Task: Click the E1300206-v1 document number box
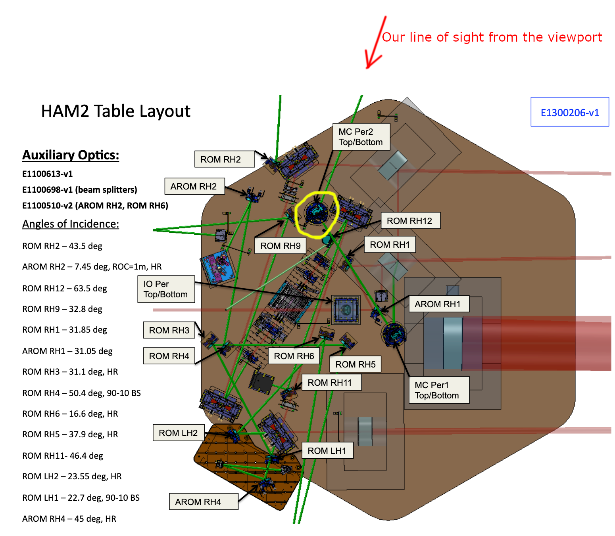pos(569,112)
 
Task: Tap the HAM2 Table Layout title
pos(115,111)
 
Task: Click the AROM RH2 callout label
pos(194,186)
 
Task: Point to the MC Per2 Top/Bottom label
pos(361,137)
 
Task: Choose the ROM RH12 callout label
pos(410,221)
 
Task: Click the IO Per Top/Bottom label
pos(166,289)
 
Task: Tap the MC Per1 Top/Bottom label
pos(438,390)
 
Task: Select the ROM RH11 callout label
pos(331,383)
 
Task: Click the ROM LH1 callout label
pos(327,451)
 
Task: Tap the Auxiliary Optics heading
pos(71,155)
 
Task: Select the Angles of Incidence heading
pos(71,224)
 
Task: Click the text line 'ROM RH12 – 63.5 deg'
pos(65,289)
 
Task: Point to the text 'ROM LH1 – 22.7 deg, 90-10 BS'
pos(81,498)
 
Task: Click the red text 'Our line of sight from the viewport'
pos(492,37)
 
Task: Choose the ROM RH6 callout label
pos(294,356)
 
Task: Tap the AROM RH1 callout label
pos(438,304)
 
